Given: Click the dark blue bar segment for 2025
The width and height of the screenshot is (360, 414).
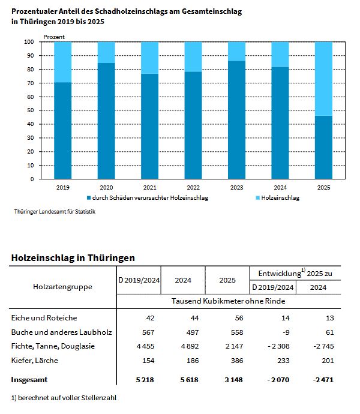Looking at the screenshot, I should [x=324, y=147].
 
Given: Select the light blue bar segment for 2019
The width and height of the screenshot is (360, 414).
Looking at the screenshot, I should [x=63, y=62].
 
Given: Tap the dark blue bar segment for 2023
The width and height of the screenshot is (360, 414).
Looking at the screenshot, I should [x=237, y=120].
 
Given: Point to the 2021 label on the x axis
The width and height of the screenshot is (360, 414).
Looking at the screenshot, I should [x=150, y=187].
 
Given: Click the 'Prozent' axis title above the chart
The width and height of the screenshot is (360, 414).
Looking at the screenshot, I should [x=55, y=37].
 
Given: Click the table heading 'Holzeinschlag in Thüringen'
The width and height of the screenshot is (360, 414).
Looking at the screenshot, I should [x=73, y=257].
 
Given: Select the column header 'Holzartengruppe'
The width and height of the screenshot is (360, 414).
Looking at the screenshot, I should [x=62, y=286].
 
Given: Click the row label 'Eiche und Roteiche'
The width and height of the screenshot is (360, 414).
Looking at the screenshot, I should [x=44, y=317].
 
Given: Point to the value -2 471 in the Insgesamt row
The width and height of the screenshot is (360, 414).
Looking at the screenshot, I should [x=321, y=380].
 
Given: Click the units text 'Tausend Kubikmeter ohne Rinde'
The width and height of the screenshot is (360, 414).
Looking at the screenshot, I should [x=228, y=301].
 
